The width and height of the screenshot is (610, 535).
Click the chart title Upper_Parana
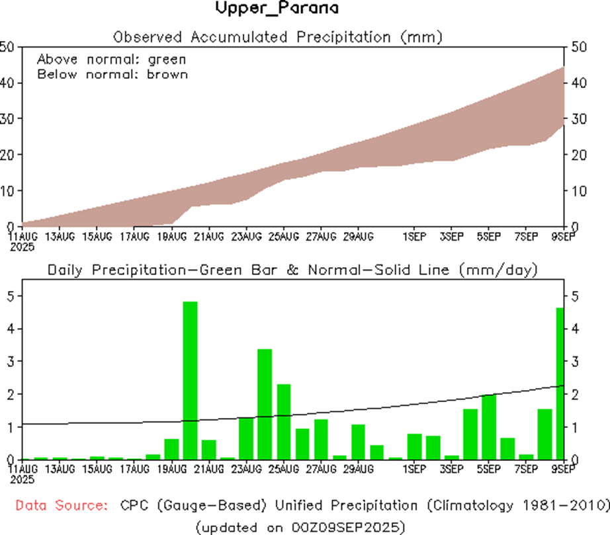[x=277, y=9]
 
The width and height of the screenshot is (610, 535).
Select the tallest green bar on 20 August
[x=190, y=380]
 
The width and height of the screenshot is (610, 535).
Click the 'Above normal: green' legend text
[x=111, y=59]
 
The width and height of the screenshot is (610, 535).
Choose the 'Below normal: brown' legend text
[x=112, y=74]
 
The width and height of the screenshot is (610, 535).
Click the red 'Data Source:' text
[x=62, y=506]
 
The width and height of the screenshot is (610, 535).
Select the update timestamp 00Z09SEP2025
[x=342, y=527]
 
